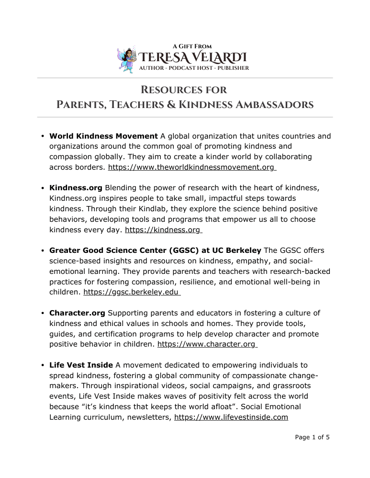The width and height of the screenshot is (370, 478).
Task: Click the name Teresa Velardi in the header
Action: click(193, 58)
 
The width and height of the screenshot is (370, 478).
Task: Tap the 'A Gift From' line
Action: click(192, 46)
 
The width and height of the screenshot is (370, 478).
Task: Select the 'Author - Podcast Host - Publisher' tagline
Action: click(194, 68)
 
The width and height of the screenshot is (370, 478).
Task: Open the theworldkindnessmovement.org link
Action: click(191, 167)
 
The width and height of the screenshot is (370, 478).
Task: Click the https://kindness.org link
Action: click(162, 230)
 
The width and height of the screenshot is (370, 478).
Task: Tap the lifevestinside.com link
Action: click(231, 417)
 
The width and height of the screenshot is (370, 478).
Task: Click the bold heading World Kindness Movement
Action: click(103, 136)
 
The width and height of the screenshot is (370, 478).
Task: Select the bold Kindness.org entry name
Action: click(76, 188)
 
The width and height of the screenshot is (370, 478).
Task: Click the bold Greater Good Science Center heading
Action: click(155, 250)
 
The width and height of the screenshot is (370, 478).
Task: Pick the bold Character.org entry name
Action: click(77, 313)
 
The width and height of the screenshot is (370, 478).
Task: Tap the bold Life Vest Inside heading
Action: click(81, 365)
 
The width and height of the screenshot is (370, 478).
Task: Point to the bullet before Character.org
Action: click(43, 314)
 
